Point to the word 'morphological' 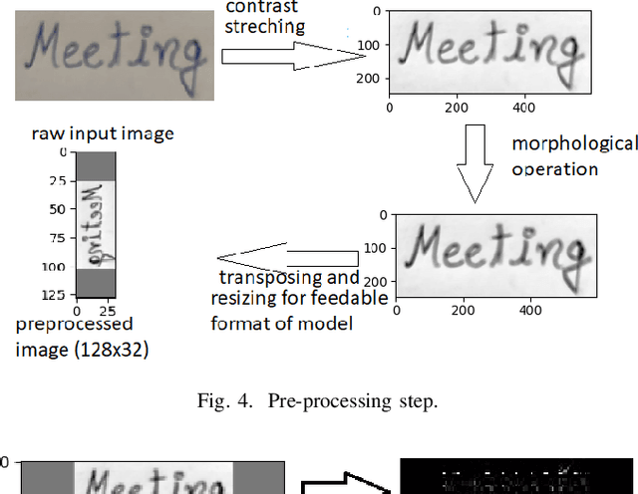click(x=574, y=143)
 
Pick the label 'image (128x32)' click(x=82, y=349)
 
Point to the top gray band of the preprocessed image click(x=96, y=167)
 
